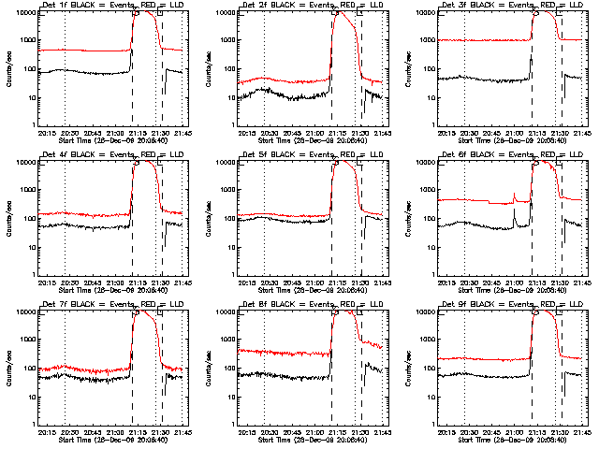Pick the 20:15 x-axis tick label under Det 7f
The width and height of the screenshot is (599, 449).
click(x=45, y=432)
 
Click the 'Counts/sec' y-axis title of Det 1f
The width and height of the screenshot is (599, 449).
click(x=10, y=70)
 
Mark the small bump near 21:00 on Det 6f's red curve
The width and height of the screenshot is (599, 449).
click(x=514, y=195)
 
